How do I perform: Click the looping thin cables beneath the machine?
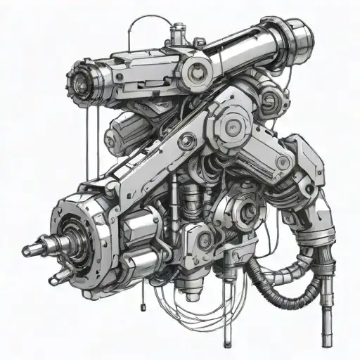(x=190, y=306)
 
